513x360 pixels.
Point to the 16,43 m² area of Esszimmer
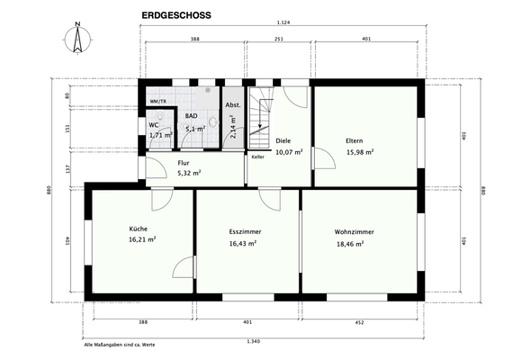pos(243,243)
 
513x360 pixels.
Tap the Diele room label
pos(283,140)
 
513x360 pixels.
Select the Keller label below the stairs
pos(258,157)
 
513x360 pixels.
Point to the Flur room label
pos(184,162)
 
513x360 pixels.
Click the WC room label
pos(154,124)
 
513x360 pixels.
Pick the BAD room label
pos(193,116)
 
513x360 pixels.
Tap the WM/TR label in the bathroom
pos(157,102)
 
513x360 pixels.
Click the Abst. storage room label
pos(232,105)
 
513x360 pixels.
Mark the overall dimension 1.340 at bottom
pos(255,341)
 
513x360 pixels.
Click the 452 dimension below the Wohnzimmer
pos(359,321)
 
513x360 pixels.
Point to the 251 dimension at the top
pos(279,40)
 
